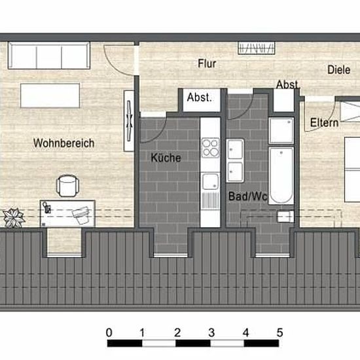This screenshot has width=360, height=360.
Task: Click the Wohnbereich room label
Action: click(64, 143)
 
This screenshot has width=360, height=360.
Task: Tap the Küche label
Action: click(166, 158)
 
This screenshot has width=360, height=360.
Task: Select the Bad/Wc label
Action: click(247, 196)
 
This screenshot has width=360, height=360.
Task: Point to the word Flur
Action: click(207, 63)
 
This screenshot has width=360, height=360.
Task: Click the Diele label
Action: click(338, 70)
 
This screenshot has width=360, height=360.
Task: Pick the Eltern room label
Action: click(324, 122)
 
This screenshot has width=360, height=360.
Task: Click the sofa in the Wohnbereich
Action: click(49, 56)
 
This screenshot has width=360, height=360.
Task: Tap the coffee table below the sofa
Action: click(50, 96)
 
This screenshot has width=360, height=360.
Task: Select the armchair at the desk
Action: click(67, 186)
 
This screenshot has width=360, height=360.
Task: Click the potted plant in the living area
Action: click(14, 217)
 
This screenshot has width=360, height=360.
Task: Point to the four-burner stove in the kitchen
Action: click(210, 148)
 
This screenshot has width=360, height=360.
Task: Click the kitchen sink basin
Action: click(210, 181)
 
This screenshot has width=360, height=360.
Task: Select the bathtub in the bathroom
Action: click(281, 175)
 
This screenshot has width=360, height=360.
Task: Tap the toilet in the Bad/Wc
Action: click(285, 217)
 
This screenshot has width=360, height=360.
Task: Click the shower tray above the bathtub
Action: click(281, 130)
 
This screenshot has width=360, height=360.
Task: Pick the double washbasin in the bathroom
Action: click(235, 160)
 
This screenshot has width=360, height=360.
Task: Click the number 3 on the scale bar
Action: click(211, 333)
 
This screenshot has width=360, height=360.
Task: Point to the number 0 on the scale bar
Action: click(109, 333)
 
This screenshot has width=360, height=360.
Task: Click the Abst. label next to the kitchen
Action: click(199, 98)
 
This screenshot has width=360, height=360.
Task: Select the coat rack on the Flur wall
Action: click(256, 48)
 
